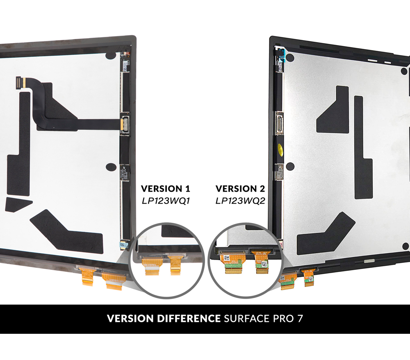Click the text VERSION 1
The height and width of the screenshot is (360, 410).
coord(165,189)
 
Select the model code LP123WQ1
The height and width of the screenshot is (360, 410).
coord(165,201)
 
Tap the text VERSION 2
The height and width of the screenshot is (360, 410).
coord(240,189)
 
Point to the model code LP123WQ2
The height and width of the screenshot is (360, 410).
coord(240,201)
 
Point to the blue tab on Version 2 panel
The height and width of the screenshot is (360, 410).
coord(281,57)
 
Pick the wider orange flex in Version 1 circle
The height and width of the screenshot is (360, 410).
coord(150,264)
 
